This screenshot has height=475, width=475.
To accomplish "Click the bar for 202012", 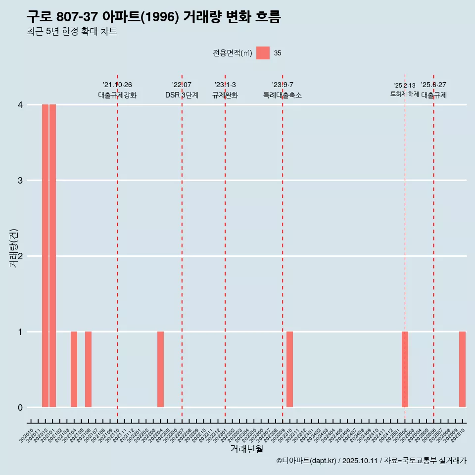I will (x=45, y=256).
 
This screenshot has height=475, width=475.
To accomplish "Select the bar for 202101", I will (x=52, y=256).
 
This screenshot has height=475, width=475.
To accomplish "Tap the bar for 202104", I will (x=74, y=369).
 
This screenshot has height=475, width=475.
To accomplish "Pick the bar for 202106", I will (x=88, y=369).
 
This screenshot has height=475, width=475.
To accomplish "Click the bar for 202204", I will (x=160, y=369).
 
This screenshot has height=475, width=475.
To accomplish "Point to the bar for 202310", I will (x=289, y=369).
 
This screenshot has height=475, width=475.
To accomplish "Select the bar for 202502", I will (x=405, y=369).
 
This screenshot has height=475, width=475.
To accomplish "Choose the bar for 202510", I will (x=462, y=369).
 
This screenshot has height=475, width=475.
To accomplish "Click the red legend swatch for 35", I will (x=263, y=53).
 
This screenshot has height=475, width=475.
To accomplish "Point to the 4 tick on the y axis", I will (x=20, y=104).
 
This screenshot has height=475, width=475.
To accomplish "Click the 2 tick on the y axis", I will (x=20, y=256).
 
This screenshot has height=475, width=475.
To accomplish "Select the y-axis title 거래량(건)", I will (x=14, y=248).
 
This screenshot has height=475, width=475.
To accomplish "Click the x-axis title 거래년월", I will (x=246, y=449).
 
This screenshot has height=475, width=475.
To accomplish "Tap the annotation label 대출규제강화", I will (x=117, y=95).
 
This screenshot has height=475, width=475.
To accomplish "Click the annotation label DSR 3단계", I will (x=182, y=95).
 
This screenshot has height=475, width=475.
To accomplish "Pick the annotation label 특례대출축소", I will (x=282, y=95).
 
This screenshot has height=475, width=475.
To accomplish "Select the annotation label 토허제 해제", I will (x=404, y=94).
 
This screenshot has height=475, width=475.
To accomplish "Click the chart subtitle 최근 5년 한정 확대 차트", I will (x=72, y=32).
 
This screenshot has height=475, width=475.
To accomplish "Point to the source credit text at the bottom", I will (x=371, y=461).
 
